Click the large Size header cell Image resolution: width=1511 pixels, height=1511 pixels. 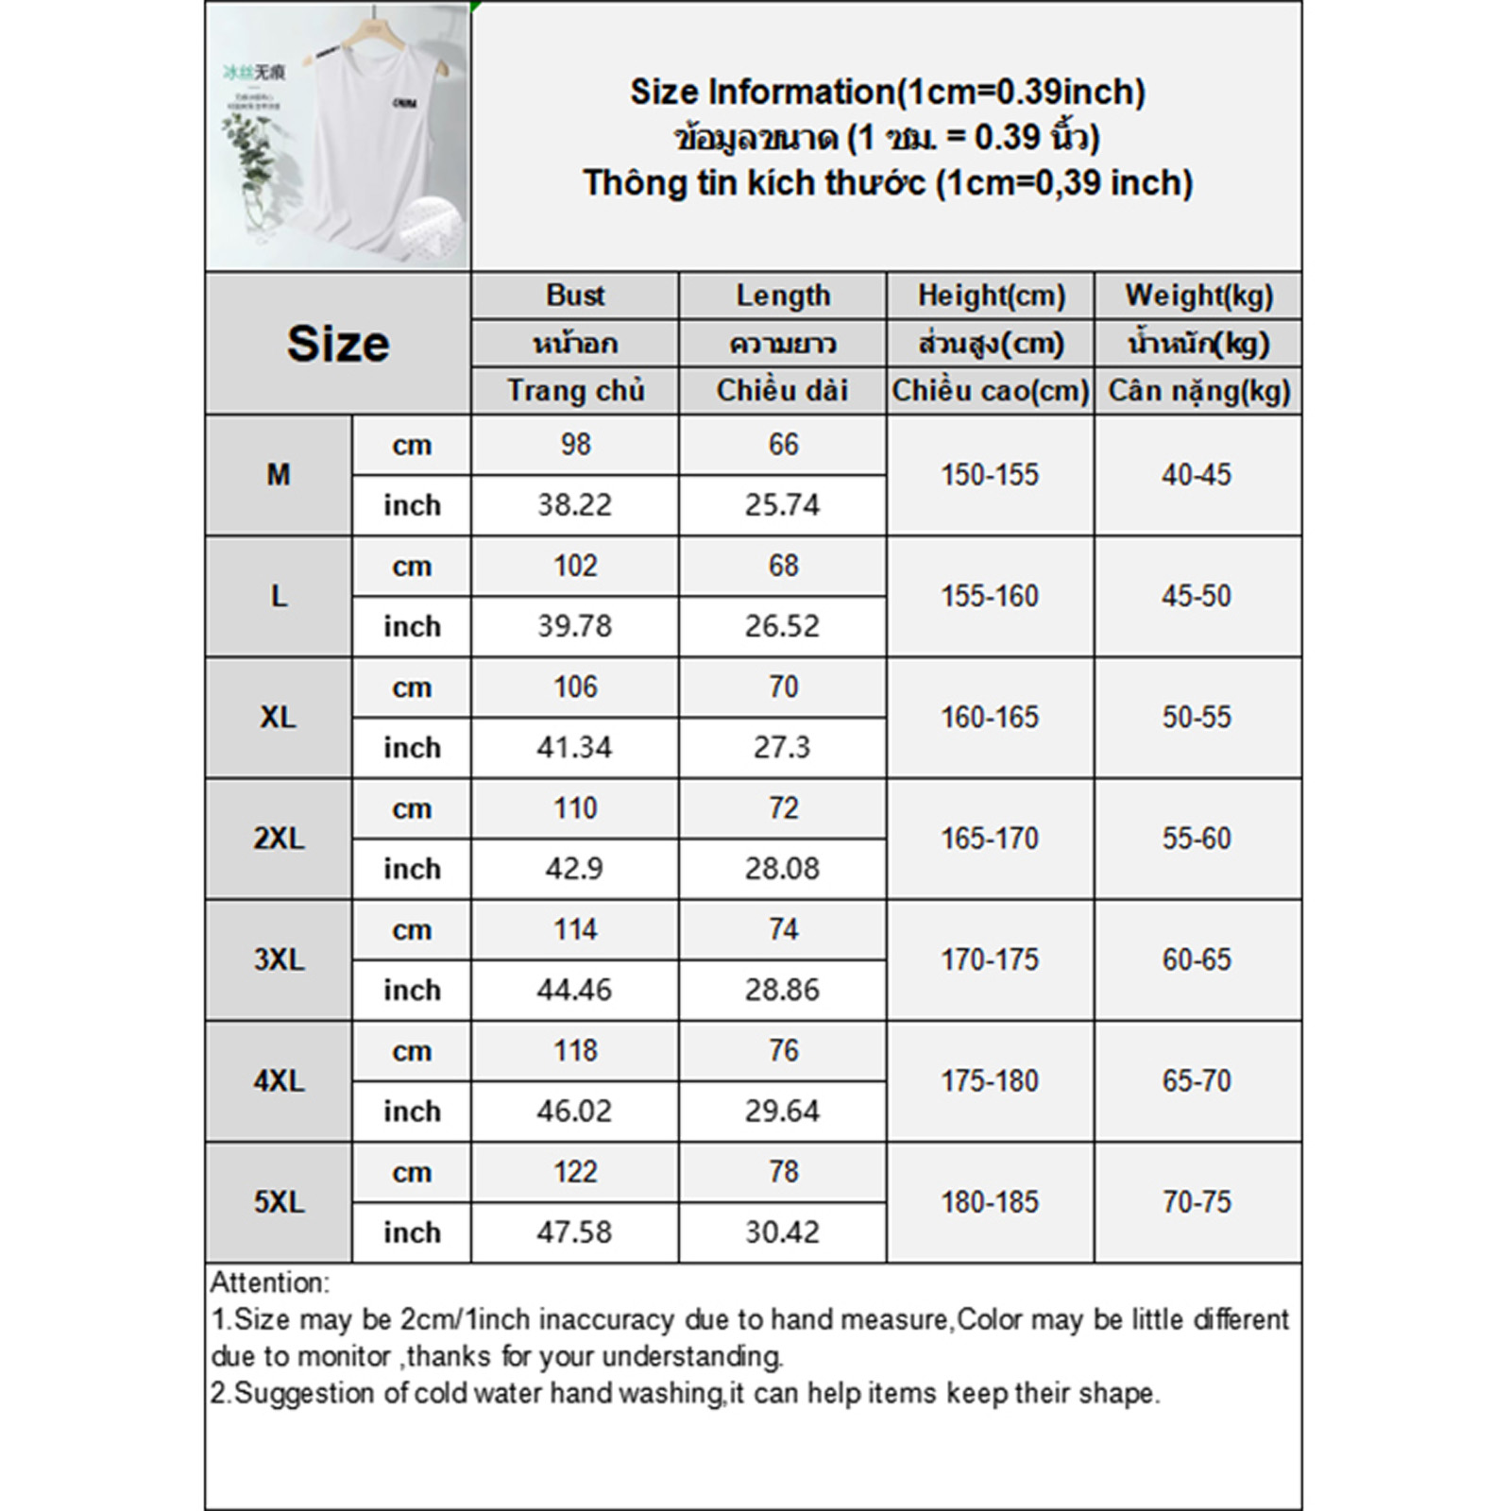(337, 343)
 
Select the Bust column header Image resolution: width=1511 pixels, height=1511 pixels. (575, 296)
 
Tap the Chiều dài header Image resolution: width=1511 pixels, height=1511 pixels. (782, 390)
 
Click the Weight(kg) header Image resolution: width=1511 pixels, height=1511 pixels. (1198, 296)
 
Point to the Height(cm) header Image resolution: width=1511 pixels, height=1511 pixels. (991, 296)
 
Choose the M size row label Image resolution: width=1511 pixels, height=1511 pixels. (278, 475)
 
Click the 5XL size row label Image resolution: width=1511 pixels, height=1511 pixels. (279, 1202)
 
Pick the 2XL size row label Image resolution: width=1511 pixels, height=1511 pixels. (279, 839)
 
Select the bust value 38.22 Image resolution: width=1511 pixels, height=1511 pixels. (574, 505)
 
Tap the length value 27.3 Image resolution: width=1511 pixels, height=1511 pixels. (782, 748)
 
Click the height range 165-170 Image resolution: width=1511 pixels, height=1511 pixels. (990, 839)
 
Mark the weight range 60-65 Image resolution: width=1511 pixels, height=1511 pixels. (1197, 959)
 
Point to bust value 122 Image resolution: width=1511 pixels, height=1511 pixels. (575, 1172)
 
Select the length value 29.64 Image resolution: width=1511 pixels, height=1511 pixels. (782, 1112)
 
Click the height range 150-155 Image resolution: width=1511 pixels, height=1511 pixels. (990, 475)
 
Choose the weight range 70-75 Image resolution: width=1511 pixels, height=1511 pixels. (1197, 1202)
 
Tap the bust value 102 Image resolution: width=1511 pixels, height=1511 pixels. (575, 566)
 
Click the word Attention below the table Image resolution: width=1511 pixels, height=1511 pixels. (269, 1282)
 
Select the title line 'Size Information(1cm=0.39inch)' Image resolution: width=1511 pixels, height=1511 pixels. (887, 92)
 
